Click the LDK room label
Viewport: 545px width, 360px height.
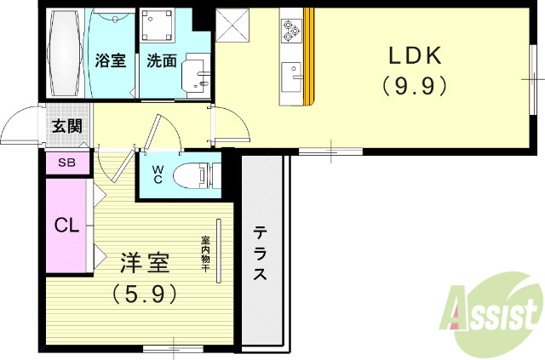[415, 57]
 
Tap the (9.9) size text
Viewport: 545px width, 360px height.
[415, 85]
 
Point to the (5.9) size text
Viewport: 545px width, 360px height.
[144, 294]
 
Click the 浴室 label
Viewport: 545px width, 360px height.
[111, 60]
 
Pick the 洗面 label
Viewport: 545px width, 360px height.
[162, 60]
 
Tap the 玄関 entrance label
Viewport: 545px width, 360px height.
[66, 127]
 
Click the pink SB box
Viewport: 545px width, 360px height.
[66, 163]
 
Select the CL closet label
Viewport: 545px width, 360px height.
[67, 226]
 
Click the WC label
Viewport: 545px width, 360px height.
[158, 174]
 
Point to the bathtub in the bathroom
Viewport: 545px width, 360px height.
[66, 53]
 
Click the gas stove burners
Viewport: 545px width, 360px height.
[291, 31]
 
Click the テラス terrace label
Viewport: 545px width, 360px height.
[261, 253]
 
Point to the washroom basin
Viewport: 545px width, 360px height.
[199, 77]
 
